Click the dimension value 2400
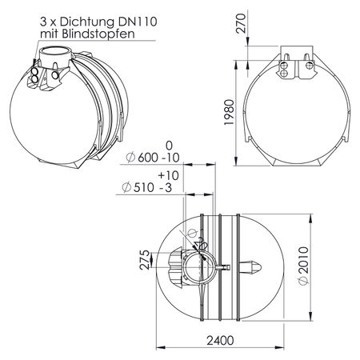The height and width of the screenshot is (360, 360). point(220,341)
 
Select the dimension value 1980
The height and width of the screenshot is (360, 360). point(229,112)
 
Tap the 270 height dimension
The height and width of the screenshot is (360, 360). point(241,23)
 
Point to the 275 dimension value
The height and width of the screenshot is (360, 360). point(146,260)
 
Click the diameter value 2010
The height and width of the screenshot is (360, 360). point(304,260)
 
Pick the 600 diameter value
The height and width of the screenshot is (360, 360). point(148,158)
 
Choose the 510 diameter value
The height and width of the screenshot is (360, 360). point(144,187)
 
